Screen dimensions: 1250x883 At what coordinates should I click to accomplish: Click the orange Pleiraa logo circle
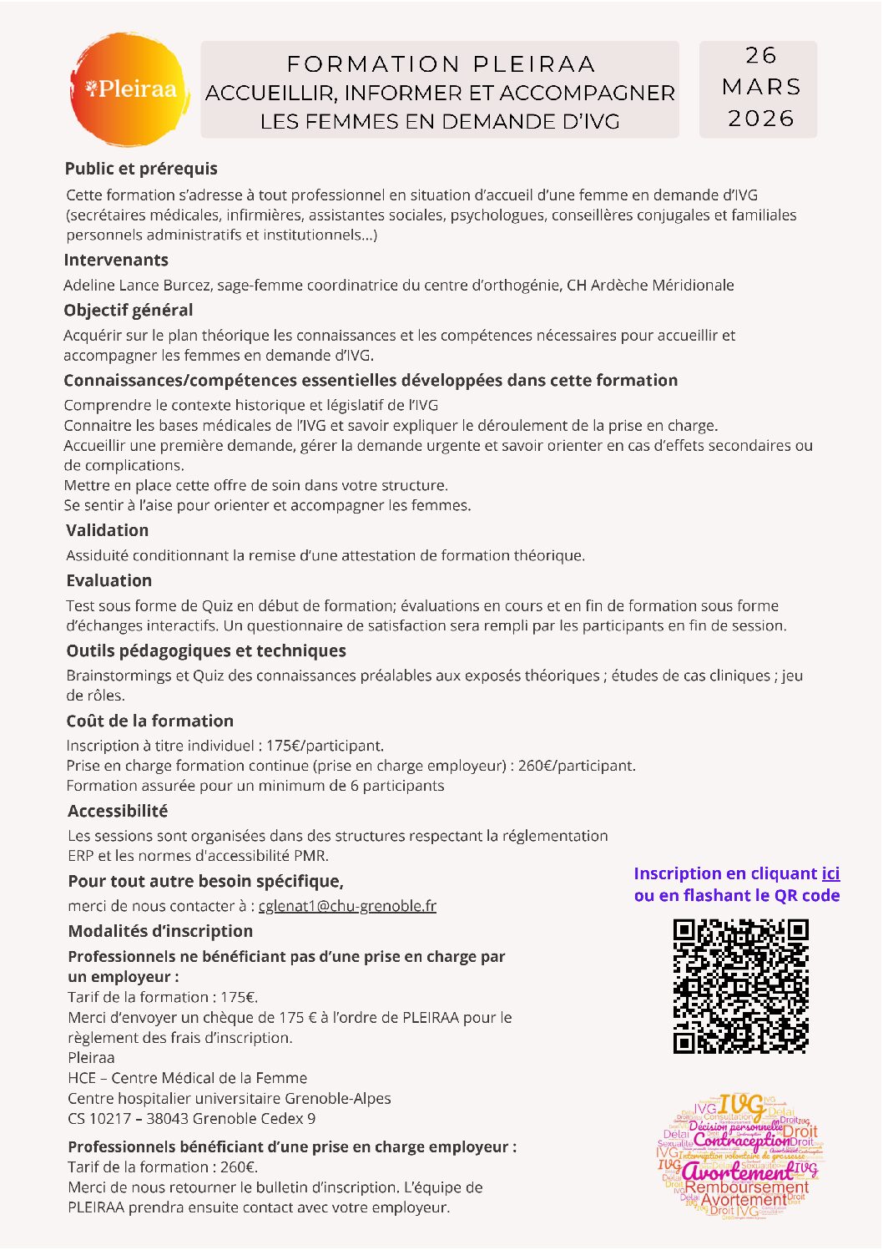click(129, 89)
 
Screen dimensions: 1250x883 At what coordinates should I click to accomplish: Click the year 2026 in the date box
click(760, 119)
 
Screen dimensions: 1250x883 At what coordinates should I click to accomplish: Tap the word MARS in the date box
click(760, 87)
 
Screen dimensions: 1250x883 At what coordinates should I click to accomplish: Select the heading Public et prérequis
click(141, 169)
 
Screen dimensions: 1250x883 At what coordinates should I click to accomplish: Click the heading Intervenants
click(116, 261)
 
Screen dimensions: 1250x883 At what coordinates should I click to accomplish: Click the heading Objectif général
click(129, 311)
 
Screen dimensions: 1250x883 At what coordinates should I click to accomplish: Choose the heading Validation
click(108, 531)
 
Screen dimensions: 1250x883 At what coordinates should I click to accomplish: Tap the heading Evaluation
click(109, 581)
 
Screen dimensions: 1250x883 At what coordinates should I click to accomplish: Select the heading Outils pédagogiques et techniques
click(206, 651)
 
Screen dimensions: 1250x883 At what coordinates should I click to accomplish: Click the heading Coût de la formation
click(150, 721)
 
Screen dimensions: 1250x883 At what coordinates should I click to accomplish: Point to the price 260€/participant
click(577, 766)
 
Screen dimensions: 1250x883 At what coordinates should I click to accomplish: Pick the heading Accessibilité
click(118, 812)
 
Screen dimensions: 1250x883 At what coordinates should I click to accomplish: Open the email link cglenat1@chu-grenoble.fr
click(347, 906)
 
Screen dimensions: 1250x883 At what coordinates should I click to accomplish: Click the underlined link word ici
click(830, 874)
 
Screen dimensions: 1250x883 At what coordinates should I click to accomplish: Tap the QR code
click(740, 986)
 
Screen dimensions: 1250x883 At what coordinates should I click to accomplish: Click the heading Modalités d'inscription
click(160, 932)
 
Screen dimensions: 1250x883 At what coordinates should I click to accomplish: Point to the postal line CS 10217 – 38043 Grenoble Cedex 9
click(192, 1119)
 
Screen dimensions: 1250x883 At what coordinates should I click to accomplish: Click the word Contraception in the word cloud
click(741, 1141)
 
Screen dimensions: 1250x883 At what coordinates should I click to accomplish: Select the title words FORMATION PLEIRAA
click(441, 64)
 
